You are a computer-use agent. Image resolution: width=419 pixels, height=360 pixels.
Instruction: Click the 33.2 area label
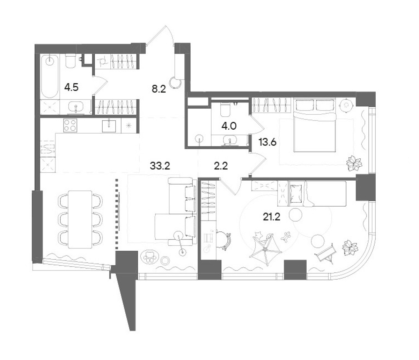pyautogui.click(x=160, y=166)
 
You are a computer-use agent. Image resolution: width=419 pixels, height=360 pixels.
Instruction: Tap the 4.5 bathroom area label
pyautogui.click(x=71, y=87)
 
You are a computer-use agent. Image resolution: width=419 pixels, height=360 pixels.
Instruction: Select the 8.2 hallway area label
pyautogui.click(x=159, y=89)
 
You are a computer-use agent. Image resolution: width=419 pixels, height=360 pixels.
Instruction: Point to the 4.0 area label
pyautogui.click(x=229, y=126)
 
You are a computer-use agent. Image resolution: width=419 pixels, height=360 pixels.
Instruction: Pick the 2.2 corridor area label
pyautogui.click(x=221, y=166)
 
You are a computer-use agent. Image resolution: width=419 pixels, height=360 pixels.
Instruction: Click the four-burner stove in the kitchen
pyautogui.click(x=70, y=125)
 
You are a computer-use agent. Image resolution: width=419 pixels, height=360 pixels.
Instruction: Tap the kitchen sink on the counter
pyautogui.click(x=109, y=126)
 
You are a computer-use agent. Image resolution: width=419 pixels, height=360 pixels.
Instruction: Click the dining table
pyautogui.click(x=80, y=219)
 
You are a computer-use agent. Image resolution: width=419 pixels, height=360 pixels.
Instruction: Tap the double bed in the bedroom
pyautogui.click(x=315, y=125)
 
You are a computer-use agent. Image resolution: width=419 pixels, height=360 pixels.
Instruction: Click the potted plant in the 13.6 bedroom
pyautogui.click(x=354, y=163)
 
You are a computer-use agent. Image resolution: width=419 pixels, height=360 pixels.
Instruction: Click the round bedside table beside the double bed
pyautogui.click(x=347, y=105)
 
